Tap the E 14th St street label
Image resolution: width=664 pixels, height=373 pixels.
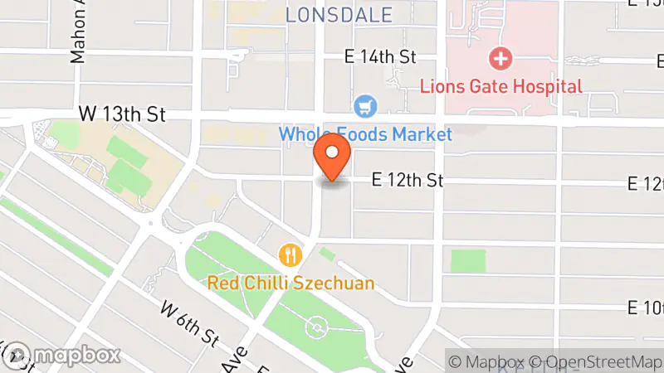tap(380, 57)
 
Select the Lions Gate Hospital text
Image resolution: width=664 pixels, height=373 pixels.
tap(500, 85)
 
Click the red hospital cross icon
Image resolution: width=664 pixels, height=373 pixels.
tap(500, 59)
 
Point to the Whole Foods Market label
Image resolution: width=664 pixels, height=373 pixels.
tap(365, 133)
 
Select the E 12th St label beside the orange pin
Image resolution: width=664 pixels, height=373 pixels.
tap(408, 180)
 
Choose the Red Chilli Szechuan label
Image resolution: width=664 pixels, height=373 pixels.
tap(290, 283)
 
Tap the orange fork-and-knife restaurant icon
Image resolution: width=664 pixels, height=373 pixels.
tap(290, 254)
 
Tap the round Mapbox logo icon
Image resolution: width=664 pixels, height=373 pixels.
tap(17, 355)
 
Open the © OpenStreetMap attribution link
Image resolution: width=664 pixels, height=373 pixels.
tap(598, 361)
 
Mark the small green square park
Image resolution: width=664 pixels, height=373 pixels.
tap(468, 261)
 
